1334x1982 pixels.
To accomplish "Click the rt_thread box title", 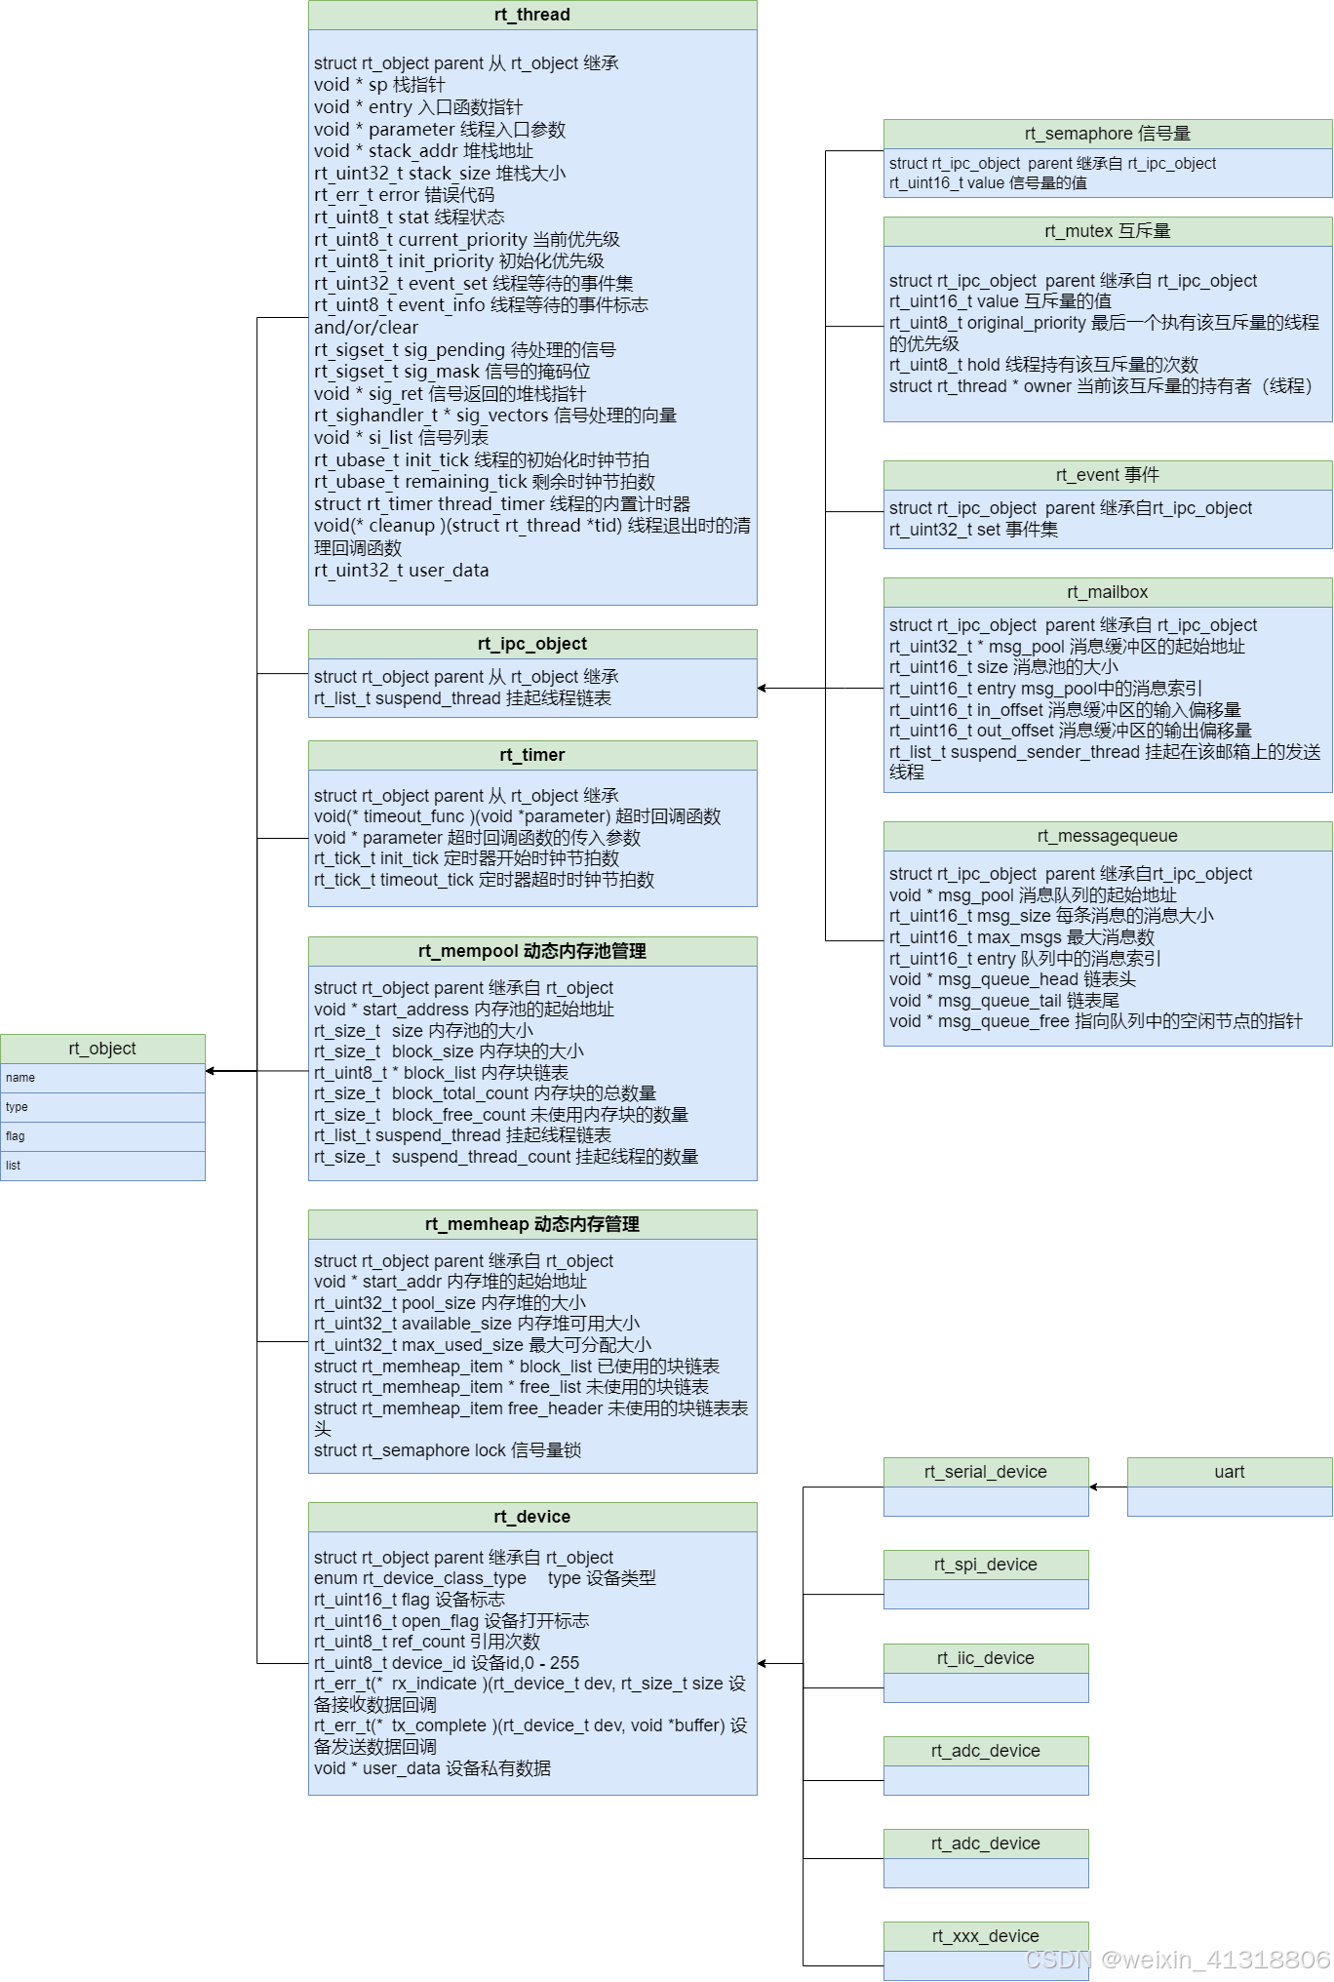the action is click(x=531, y=15).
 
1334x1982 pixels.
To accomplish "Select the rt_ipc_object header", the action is click(x=531, y=644).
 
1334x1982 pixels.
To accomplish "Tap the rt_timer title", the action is click(x=531, y=755).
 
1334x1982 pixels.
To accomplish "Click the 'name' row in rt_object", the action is click(x=102, y=1078).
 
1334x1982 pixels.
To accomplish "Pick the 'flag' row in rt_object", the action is click(x=102, y=1136).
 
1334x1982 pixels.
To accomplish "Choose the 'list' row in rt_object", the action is click(x=102, y=1166).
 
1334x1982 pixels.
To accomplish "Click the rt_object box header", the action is click(x=102, y=1049).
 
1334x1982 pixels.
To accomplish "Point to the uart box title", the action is click(x=1229, y=1472).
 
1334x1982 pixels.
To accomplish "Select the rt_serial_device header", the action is click(x=985, y=1472).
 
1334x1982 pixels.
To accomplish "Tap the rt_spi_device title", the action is click(x=985, y=1565).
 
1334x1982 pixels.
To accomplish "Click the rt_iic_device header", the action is click(x=985, y=1658).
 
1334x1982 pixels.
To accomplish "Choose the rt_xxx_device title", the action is click(x=985, y=1936).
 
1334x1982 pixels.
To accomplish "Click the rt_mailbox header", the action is click(x=1107, y=592).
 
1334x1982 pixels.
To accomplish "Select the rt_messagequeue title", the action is click(x=1107, y=836).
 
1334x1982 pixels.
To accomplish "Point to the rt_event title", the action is click(x=1107, y=475).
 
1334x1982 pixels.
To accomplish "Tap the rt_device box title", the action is click(x=531, y=1517).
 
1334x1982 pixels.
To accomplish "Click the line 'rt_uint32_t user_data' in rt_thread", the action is click(x=401, y=571).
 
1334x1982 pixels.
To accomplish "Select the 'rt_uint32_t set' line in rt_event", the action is click(x=973, y=530).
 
